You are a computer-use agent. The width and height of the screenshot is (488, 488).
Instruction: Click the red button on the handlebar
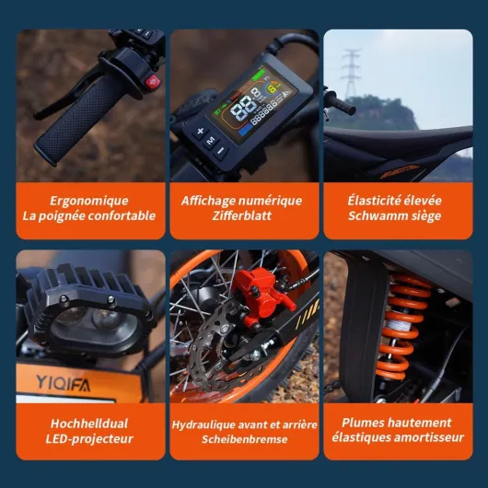(153, 82)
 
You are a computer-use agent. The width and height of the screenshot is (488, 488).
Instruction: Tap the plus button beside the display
(201, 132)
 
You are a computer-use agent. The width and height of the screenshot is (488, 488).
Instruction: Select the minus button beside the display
(221, 151)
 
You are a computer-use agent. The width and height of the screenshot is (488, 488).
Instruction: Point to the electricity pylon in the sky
(351, 74)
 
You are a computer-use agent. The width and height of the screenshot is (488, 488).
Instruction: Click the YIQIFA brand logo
(64, 383)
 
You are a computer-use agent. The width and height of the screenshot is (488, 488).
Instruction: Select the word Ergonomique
(89, 201)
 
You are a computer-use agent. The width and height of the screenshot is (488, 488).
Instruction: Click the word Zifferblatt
(242, 215)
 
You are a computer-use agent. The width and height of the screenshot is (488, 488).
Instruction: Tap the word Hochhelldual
(89, 424)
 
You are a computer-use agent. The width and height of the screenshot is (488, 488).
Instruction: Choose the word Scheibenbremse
(244, 439)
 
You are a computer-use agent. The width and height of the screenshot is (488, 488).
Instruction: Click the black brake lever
(64, 94)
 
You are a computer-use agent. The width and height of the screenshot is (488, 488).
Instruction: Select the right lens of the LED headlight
(107, 319)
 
